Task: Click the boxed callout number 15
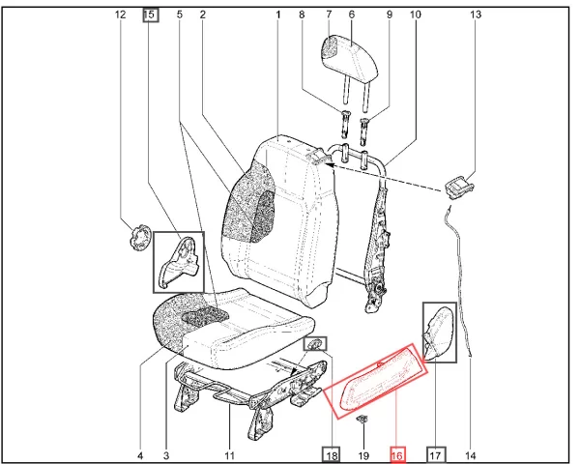151,15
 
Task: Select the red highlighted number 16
397,455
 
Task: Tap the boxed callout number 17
436,455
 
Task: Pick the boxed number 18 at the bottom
331,455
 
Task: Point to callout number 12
121,14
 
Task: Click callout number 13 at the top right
476,14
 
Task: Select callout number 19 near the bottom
363,455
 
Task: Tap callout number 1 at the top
278,14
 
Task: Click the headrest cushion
350,55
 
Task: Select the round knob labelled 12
140,237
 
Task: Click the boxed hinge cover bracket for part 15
179,262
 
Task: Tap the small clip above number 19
362,420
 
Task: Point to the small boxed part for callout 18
315,344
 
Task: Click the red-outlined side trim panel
376,382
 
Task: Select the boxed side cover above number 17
440,333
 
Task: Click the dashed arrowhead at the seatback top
329,164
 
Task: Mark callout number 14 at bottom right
470,455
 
